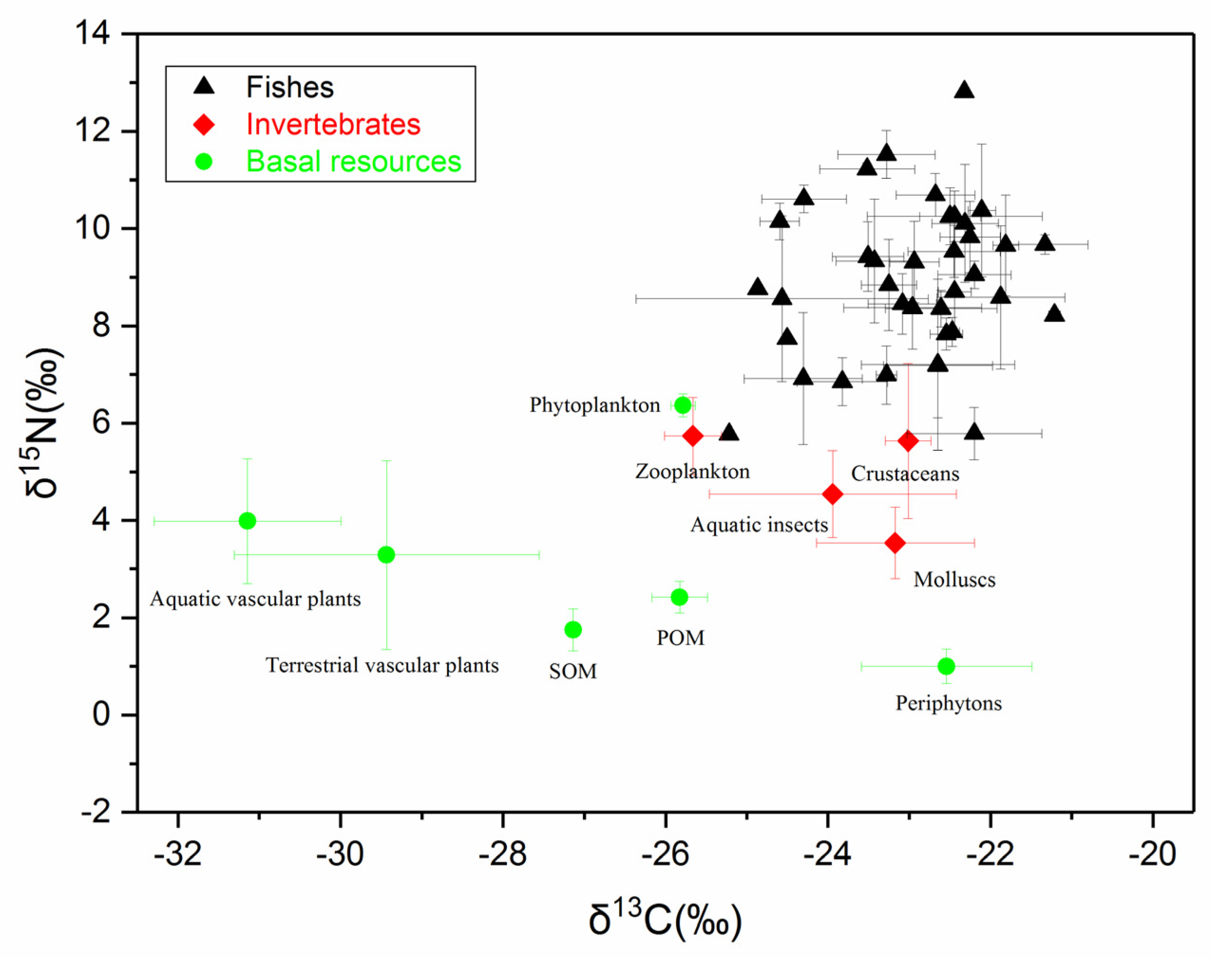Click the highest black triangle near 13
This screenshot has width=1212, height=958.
tap(964, 90)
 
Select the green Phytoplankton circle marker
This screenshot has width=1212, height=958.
tap(682, 405)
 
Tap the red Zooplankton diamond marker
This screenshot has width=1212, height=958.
tap(693, 436)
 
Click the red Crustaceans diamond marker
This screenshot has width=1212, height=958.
tap(908, 441)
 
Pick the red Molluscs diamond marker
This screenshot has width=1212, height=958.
tap(895, 543)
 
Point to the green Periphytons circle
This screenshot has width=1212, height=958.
tap(946, 667)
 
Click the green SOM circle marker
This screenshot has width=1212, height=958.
tap(573, 630)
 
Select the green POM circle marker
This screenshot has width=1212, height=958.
tap(679, 597)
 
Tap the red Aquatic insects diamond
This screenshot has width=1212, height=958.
tap(832, 494)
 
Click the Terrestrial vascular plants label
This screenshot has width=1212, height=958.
tap(382, 666)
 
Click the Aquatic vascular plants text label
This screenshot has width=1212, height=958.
tap(255, 600)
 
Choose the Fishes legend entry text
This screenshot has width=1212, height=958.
tap(290, 87)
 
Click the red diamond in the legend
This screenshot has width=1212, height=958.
tap(204, 125)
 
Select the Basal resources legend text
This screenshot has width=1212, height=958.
tap(353, 162)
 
